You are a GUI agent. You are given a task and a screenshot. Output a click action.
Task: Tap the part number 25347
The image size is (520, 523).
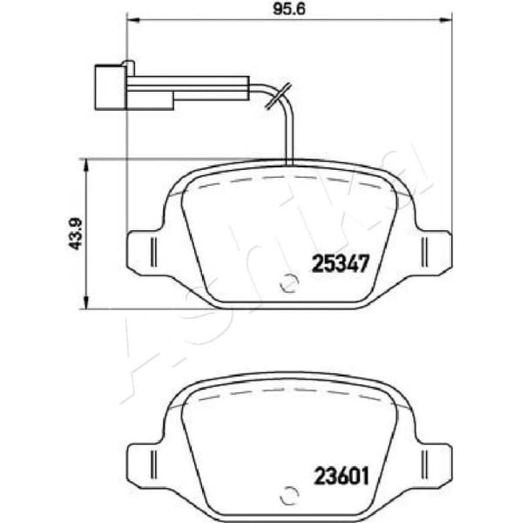pyautogui.click(x=342, y=261)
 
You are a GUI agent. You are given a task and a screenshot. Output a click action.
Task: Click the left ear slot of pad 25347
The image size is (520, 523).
pyautogui.click(x=153, y=251)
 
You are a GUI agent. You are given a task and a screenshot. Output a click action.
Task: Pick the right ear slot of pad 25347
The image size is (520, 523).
pyautogui.click(x=424, y=251)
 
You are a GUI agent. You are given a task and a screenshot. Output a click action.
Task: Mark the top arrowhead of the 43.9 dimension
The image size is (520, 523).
pyautogui.click(x=84, y=163)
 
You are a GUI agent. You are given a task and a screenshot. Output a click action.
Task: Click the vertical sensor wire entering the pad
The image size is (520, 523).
pyautogui.click(x=288, y=131)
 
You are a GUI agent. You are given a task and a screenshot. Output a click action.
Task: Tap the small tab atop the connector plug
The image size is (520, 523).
pyautogui.click(x=129, y=64)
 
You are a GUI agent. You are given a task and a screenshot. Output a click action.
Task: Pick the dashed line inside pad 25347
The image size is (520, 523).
pyautogui.click(x=288, y=179)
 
